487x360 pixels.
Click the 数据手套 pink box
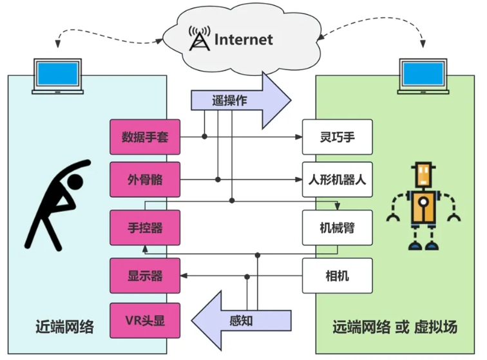click(145, 137)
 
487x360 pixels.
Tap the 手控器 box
click(145, 227)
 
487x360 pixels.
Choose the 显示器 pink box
click(145, 276)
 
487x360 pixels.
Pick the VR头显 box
click(145, 319)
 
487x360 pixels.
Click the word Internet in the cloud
click(243, 40)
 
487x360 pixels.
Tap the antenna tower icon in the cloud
click(198, 39)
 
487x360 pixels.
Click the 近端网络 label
click(65, 327)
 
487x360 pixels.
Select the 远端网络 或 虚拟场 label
click(395, 327)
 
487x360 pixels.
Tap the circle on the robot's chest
click(423, 203)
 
